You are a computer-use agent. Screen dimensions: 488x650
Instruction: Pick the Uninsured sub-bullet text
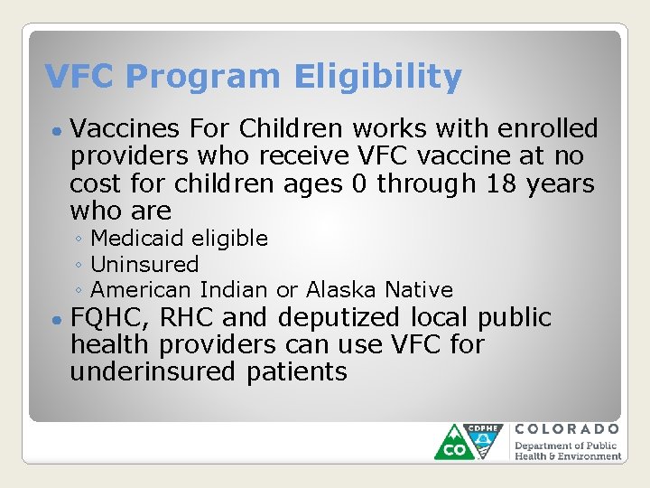[144, 265]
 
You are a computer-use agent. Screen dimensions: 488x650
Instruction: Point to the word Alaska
[342, 290]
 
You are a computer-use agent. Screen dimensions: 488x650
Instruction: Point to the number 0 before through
[358, 183]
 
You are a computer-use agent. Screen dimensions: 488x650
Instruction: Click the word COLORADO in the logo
[568, 429]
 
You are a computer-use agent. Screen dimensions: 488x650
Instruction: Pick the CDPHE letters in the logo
[482, 429]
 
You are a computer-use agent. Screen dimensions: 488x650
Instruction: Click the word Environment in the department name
[584, 456]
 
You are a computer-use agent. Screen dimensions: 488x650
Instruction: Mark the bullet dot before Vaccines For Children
[57, 131]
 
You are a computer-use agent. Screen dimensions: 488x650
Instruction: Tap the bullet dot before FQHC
[57, 320]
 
